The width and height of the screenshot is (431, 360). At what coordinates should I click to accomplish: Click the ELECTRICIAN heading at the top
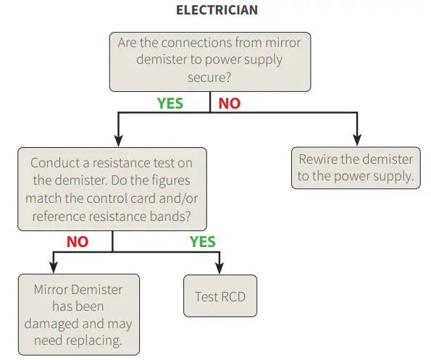217,10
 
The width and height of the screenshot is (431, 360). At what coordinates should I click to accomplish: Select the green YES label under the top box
170,104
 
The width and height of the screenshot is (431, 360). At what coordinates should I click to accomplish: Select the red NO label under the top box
229,104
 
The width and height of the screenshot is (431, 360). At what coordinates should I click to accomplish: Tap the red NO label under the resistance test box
78,242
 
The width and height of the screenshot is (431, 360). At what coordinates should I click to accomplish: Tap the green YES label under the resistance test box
203,242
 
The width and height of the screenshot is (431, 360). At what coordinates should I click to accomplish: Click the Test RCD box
219,296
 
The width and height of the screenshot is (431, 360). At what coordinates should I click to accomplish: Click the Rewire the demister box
356,167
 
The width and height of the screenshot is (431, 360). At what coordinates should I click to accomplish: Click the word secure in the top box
209,77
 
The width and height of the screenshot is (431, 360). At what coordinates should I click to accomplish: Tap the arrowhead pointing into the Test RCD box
219,268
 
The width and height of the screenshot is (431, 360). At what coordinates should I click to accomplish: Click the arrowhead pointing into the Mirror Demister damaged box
54,268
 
